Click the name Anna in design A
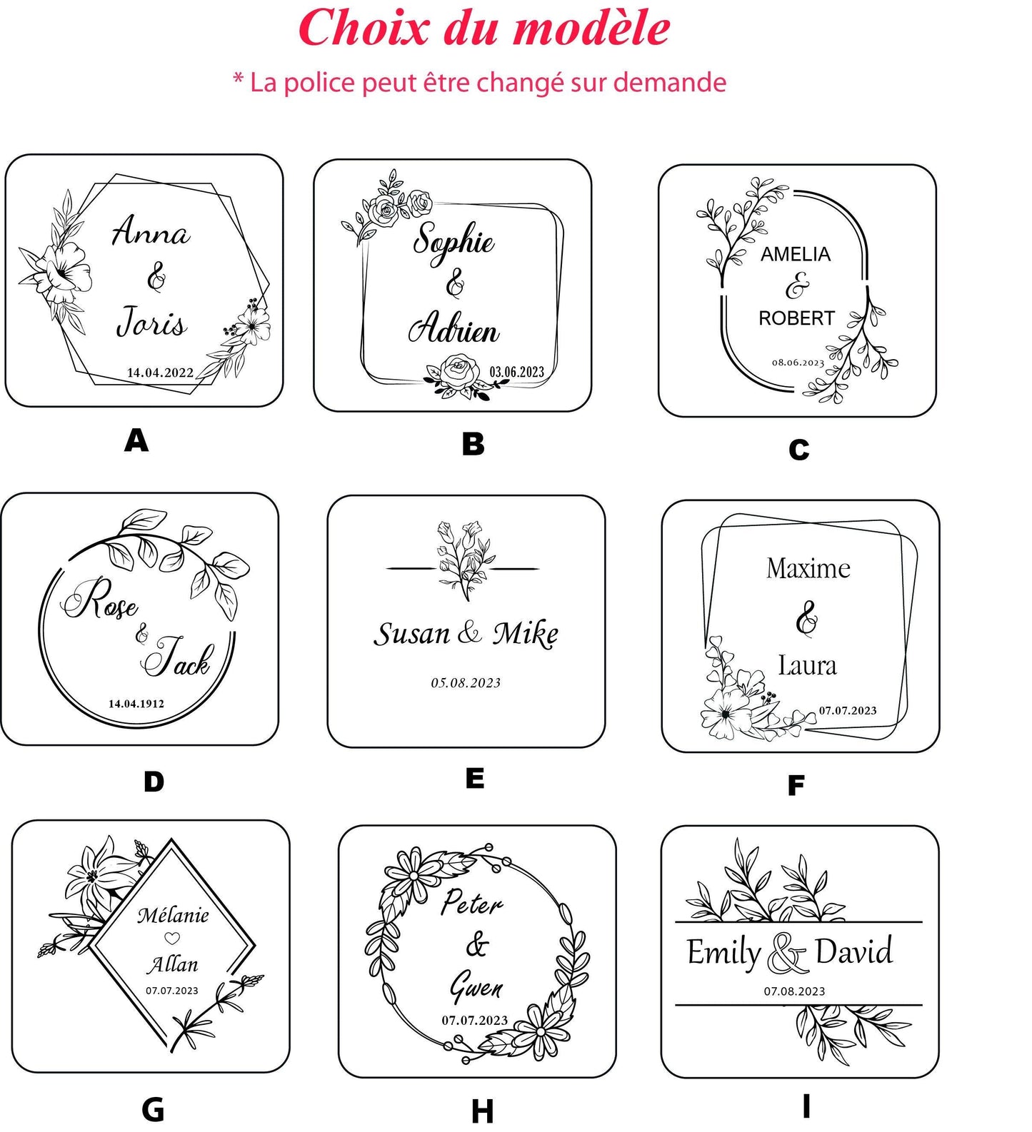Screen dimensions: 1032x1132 point(151,231)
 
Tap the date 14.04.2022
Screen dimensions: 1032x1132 point(160,372)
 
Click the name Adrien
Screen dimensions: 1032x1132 point(454,328)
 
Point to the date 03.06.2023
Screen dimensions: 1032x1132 point(516,372)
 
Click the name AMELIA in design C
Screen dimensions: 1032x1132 point(796,254)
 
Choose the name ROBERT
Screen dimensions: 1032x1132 point(796,318)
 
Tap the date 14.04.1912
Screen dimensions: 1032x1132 point(136,703)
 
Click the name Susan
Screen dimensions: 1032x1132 point(412,634)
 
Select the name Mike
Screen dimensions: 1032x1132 point(526,634)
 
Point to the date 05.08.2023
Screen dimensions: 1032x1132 point(466,683)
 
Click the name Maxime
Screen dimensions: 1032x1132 point(808,568)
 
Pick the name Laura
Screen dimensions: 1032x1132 point(807,665)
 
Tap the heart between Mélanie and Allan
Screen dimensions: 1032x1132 point(172,939)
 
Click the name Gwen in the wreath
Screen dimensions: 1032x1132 point(476,986)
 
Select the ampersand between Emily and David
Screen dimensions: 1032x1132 point(787,954)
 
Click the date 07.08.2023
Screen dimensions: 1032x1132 point(794,991)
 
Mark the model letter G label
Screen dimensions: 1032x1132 point(154,1109)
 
